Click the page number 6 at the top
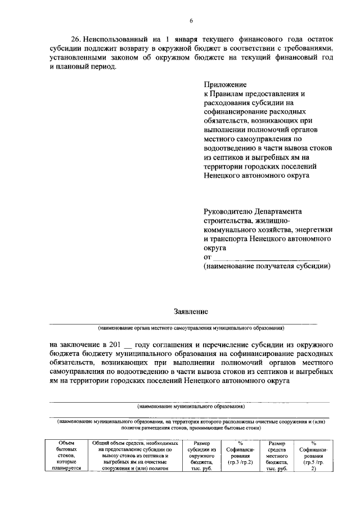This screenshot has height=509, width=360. (191, 21)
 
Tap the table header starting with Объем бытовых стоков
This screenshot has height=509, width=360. (66, 456)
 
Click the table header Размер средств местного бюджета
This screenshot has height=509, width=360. (278, 456)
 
